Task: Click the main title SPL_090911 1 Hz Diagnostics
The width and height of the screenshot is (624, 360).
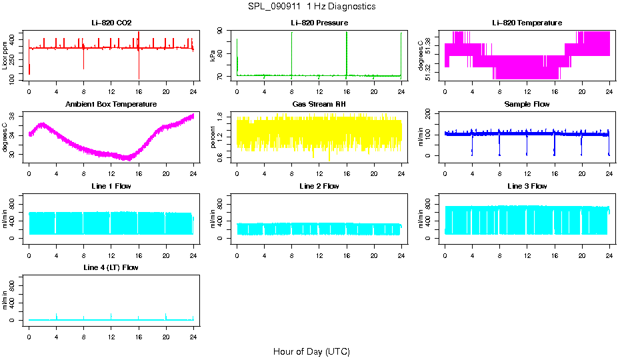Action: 311,6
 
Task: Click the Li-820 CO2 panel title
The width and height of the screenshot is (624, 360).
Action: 111,23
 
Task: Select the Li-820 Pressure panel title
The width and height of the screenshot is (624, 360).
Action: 319,23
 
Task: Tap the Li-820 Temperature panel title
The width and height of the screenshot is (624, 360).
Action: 527,23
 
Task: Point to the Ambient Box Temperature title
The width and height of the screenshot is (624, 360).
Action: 111,104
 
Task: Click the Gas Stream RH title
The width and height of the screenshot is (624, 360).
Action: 319,104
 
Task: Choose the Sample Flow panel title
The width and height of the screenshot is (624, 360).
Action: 527,104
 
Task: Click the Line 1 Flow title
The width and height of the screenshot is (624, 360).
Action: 111,186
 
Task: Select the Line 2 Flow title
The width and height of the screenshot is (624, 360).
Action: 319,186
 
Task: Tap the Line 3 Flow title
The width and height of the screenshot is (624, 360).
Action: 527,186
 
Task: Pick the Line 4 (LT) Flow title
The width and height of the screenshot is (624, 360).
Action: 111,267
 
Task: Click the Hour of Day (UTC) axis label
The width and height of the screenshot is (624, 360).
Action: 311,351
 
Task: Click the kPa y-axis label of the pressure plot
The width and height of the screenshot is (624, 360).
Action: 213,55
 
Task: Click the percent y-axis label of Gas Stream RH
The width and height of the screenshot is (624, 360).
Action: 213,137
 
